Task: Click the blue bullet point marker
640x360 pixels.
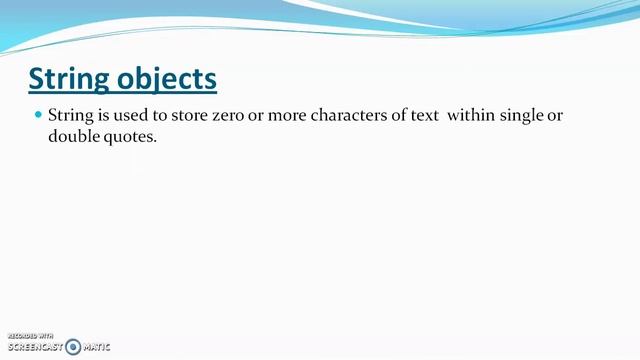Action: (x=39, y=115)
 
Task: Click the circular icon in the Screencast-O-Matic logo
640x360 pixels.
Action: (x=73, y=347)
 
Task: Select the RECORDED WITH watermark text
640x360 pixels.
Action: (x=30, y=336)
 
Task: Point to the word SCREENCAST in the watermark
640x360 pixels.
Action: (x=36, y=347)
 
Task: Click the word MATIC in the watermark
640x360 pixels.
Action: (x=97, y=347)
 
